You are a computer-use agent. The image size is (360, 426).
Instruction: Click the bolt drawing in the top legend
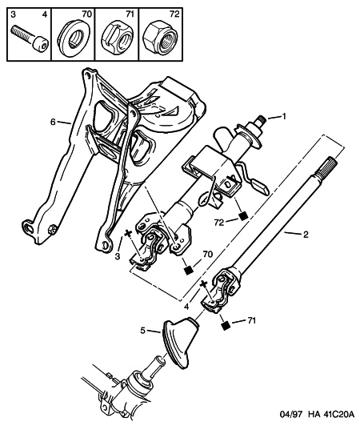[30, 39]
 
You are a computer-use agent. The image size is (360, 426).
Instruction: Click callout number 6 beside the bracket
[53, 123]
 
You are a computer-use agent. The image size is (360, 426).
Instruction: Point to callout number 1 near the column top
[284, 117]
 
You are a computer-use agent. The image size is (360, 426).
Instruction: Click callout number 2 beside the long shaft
[306, 234]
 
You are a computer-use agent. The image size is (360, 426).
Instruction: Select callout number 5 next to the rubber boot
[143, 331]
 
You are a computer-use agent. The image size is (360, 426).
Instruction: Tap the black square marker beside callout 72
[243, 215]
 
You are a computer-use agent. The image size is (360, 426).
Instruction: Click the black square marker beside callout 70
[188, 271]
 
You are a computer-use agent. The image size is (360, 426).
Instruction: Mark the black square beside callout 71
[225, 325]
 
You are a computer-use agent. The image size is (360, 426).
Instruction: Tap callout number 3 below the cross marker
[118, 256]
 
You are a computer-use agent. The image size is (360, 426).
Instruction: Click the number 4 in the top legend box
[45, 14]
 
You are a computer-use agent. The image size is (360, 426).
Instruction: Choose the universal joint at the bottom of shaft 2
[222, 290]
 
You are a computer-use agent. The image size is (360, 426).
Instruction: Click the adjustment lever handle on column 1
[260, 188]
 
